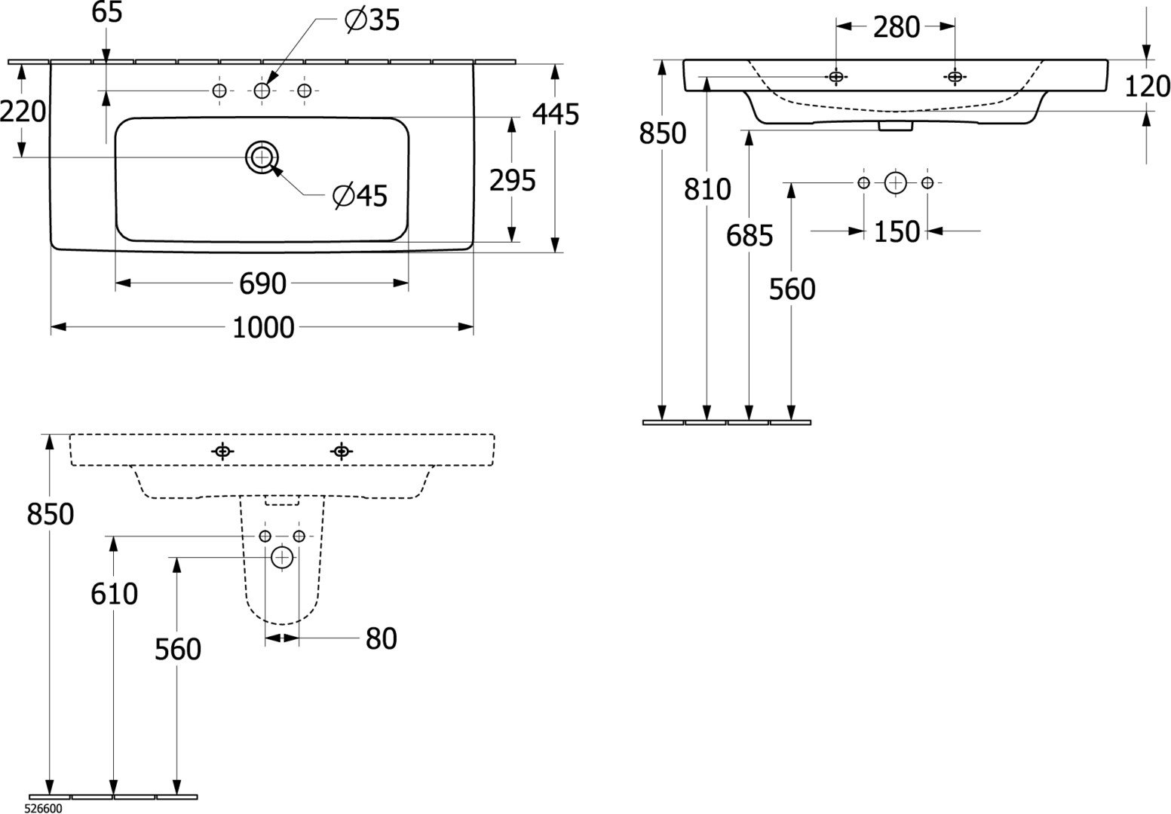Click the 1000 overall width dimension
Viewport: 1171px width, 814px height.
(262, 328)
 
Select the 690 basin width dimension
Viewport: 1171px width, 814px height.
(262, 284)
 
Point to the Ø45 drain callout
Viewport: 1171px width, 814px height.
(360, 196)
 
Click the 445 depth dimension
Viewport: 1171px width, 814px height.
(555, 115)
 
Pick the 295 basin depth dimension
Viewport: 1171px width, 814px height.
(512, 181)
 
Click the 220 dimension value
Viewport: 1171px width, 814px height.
(22, 112)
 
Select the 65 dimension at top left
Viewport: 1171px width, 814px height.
(107, 13)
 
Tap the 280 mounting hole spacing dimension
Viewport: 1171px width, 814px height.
(896, 28)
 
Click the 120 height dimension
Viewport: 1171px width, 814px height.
(1146, 87)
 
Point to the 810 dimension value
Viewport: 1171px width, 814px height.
(707, 190)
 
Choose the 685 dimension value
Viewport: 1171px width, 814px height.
(750, 236)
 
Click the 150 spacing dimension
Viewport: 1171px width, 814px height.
(897, 231)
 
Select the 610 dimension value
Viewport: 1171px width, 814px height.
(114, 595)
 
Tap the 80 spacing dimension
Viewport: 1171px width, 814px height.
(381, 639)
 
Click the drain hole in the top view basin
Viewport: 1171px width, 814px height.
(262, 157)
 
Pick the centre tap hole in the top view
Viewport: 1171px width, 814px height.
(262, 90)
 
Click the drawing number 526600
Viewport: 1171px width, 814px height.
(44, 808)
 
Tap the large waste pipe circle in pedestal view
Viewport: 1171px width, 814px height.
(282, 558)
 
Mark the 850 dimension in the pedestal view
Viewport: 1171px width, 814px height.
(50, 514)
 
